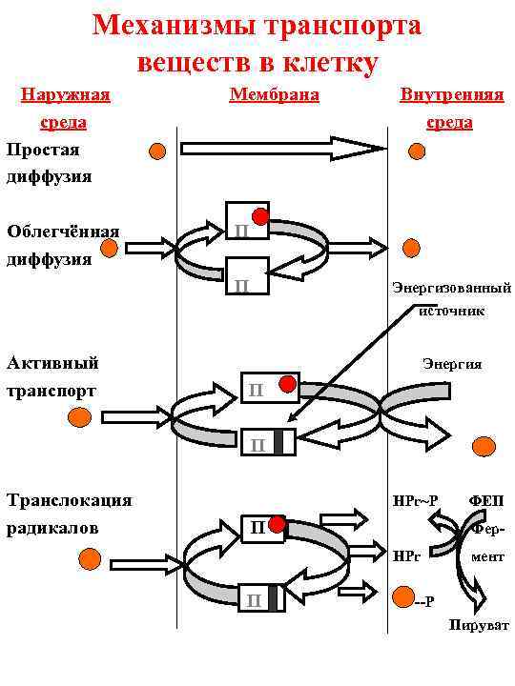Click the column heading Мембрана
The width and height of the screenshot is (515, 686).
pos(274,94)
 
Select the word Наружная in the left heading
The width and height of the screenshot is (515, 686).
pos(65,94)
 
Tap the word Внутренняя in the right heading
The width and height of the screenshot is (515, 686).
pos(452,95)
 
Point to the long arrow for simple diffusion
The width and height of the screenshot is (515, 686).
pos(282,149)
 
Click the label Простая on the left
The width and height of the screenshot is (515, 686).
pos(43,150)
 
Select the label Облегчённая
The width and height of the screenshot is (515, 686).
pos(63,232)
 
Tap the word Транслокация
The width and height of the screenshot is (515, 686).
pos(69,500)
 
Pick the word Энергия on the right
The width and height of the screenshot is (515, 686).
pos(452,364)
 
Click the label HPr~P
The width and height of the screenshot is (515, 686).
pos(415,500)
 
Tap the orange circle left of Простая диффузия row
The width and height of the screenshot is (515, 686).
pos(157,151)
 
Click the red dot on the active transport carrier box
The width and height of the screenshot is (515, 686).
pos(286,384)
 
